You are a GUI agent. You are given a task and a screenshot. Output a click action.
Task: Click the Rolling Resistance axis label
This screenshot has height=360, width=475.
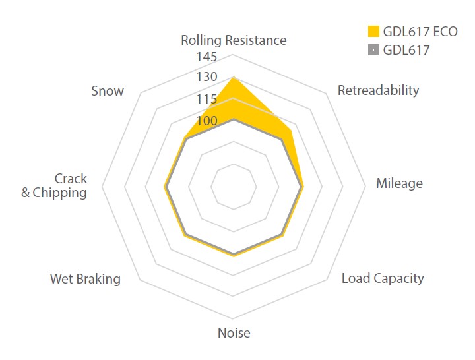[234, 40]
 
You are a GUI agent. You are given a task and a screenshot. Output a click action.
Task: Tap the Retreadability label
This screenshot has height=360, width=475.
[378, 90]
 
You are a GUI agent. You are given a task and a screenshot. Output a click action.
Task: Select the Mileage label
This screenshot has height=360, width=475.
[399, 183]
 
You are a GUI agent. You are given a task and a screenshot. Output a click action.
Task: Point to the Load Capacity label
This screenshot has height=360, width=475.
[383, 278]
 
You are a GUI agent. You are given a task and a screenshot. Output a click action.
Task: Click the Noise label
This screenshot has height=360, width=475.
[234, 333]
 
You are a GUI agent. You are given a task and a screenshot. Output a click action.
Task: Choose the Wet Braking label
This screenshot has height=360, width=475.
[85, 279]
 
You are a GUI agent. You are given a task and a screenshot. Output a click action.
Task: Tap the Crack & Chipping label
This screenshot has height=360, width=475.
[54, 186]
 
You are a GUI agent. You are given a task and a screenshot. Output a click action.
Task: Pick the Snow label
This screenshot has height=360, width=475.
[108, 91]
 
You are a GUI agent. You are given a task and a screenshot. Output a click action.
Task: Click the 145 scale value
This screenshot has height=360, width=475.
[206, 57]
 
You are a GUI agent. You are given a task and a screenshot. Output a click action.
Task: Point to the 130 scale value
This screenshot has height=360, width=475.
[206, 77]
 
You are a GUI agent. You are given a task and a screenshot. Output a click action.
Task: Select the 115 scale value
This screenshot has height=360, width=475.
[206, 100]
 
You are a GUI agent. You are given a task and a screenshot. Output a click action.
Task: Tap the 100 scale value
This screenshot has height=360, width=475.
[206, 122]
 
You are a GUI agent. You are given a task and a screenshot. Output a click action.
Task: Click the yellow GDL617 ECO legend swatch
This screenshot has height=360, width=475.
[373, 31]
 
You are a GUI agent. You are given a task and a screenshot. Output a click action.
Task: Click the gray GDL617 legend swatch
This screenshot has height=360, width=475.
[373, 49]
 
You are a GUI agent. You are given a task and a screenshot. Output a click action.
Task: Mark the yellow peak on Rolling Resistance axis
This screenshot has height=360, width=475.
[234, 77]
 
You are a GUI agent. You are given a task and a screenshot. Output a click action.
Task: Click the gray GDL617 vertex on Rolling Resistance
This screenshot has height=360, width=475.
[234, 120]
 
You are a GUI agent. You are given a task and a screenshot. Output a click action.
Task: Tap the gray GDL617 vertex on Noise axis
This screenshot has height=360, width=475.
[234, 254]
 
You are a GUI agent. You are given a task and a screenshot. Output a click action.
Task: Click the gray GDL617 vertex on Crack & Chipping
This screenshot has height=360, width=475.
[166, 187]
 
